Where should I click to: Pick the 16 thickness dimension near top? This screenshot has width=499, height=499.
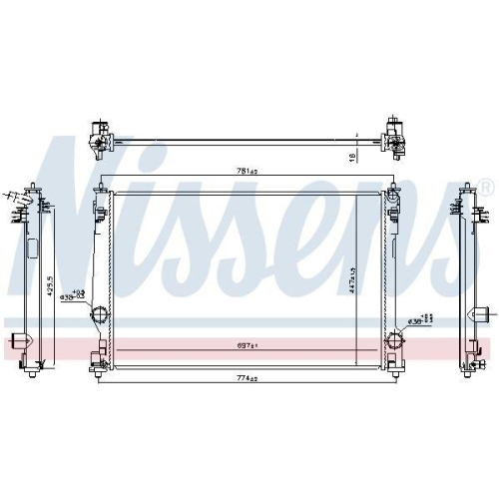352,156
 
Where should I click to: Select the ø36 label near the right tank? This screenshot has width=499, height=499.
418,321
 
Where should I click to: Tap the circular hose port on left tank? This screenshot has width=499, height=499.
100,318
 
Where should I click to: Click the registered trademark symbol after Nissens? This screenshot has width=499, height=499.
486,187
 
